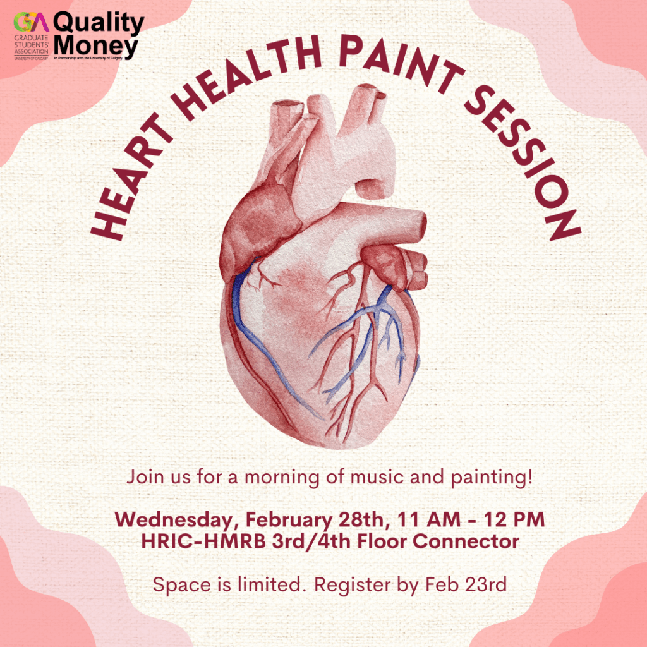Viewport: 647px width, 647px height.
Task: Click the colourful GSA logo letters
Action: [31, 23]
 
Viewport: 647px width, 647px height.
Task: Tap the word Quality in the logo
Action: [99, 23]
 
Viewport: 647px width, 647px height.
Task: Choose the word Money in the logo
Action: [95, 45]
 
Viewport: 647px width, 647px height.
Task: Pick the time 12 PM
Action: [514, 521]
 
